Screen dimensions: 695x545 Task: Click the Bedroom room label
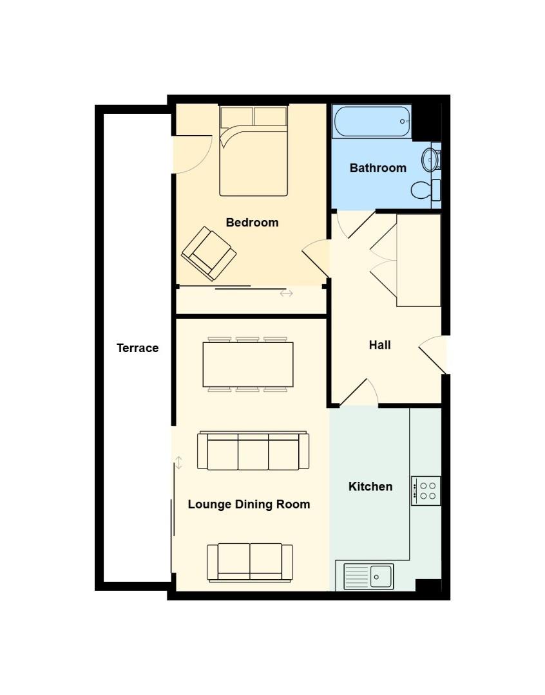[x=252, y=223]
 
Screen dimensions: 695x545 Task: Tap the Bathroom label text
[x=378, y=168]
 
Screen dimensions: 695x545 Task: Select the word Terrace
[x=137, y=348]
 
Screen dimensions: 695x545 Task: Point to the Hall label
[x=379, y=345]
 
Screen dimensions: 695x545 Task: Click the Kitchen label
[x=370, y=486]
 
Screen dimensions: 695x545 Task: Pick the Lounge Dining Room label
[x=249, y=505]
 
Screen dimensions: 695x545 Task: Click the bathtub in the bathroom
[x=371, y=122]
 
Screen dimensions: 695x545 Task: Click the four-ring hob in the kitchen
[x=426, y=490]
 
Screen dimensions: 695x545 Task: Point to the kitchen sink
[x=368, y=576]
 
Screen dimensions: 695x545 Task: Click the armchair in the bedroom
[x=209, y=254]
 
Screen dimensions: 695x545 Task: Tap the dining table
[x=248, y=364]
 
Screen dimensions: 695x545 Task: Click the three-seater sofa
[x=253, y=451]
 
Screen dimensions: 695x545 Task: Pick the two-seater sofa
[x=250, y=562]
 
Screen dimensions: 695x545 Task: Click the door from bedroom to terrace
[x=193, y=154]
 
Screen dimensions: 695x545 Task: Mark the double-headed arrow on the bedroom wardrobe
[x=286, y=293]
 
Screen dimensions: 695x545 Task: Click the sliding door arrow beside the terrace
[x=178, y=462]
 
